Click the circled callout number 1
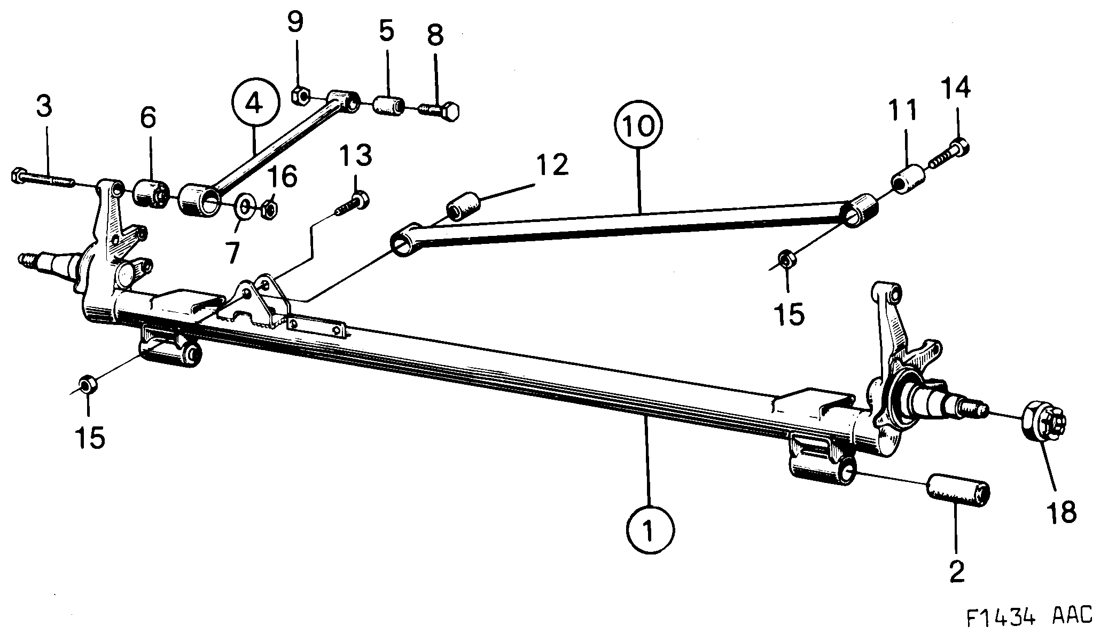(650, 530)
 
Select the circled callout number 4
(255, 104)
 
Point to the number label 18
(1062, 512)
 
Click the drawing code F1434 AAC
(1028, 616)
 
